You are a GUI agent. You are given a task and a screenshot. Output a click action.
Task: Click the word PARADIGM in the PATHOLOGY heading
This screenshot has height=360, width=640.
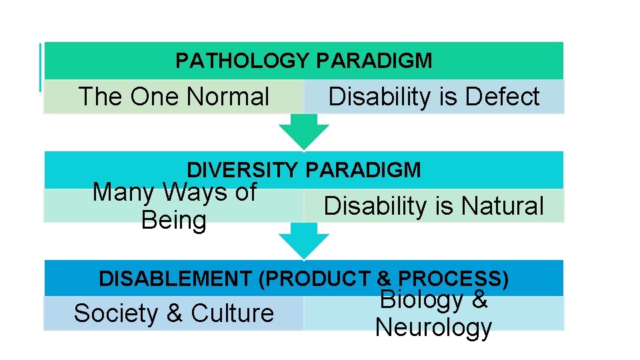click(375, 61)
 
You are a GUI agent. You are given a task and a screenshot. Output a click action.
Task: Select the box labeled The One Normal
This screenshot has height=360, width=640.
click(173, 97)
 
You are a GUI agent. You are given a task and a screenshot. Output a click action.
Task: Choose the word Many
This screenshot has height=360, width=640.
click(125, 192)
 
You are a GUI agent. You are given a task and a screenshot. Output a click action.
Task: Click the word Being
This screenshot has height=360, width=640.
click(174, 220)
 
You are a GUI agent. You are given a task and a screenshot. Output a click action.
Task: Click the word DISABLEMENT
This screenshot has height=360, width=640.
click(176, 279)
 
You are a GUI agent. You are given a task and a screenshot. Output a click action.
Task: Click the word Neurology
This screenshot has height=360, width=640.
click(433, 327)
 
